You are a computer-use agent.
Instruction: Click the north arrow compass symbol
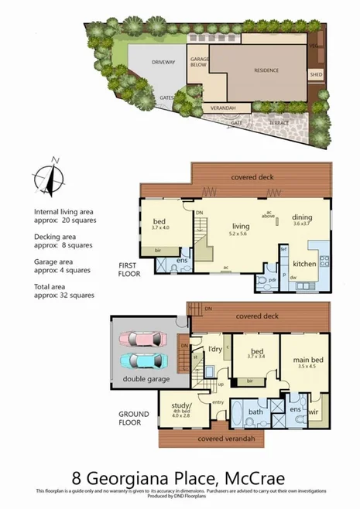(x=53, y=177)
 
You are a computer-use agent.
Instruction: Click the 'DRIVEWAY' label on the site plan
(x=163, y=61)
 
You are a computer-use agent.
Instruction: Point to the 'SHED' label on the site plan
(x=316, y=75)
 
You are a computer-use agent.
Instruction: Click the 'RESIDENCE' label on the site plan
(x=266, y=70)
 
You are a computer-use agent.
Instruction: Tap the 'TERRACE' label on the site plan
(x=279, y=123)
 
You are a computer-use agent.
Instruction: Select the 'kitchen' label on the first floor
(x=303, y=264)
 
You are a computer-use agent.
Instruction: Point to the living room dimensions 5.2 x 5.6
(x=238, y=233)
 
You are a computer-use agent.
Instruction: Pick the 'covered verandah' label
(x=209, y=439)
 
